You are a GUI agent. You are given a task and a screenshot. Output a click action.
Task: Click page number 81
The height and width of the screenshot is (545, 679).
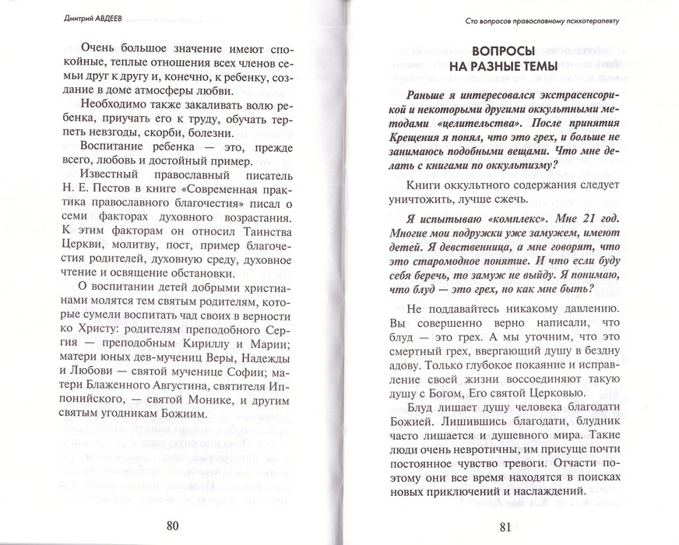tap(506, 526)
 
